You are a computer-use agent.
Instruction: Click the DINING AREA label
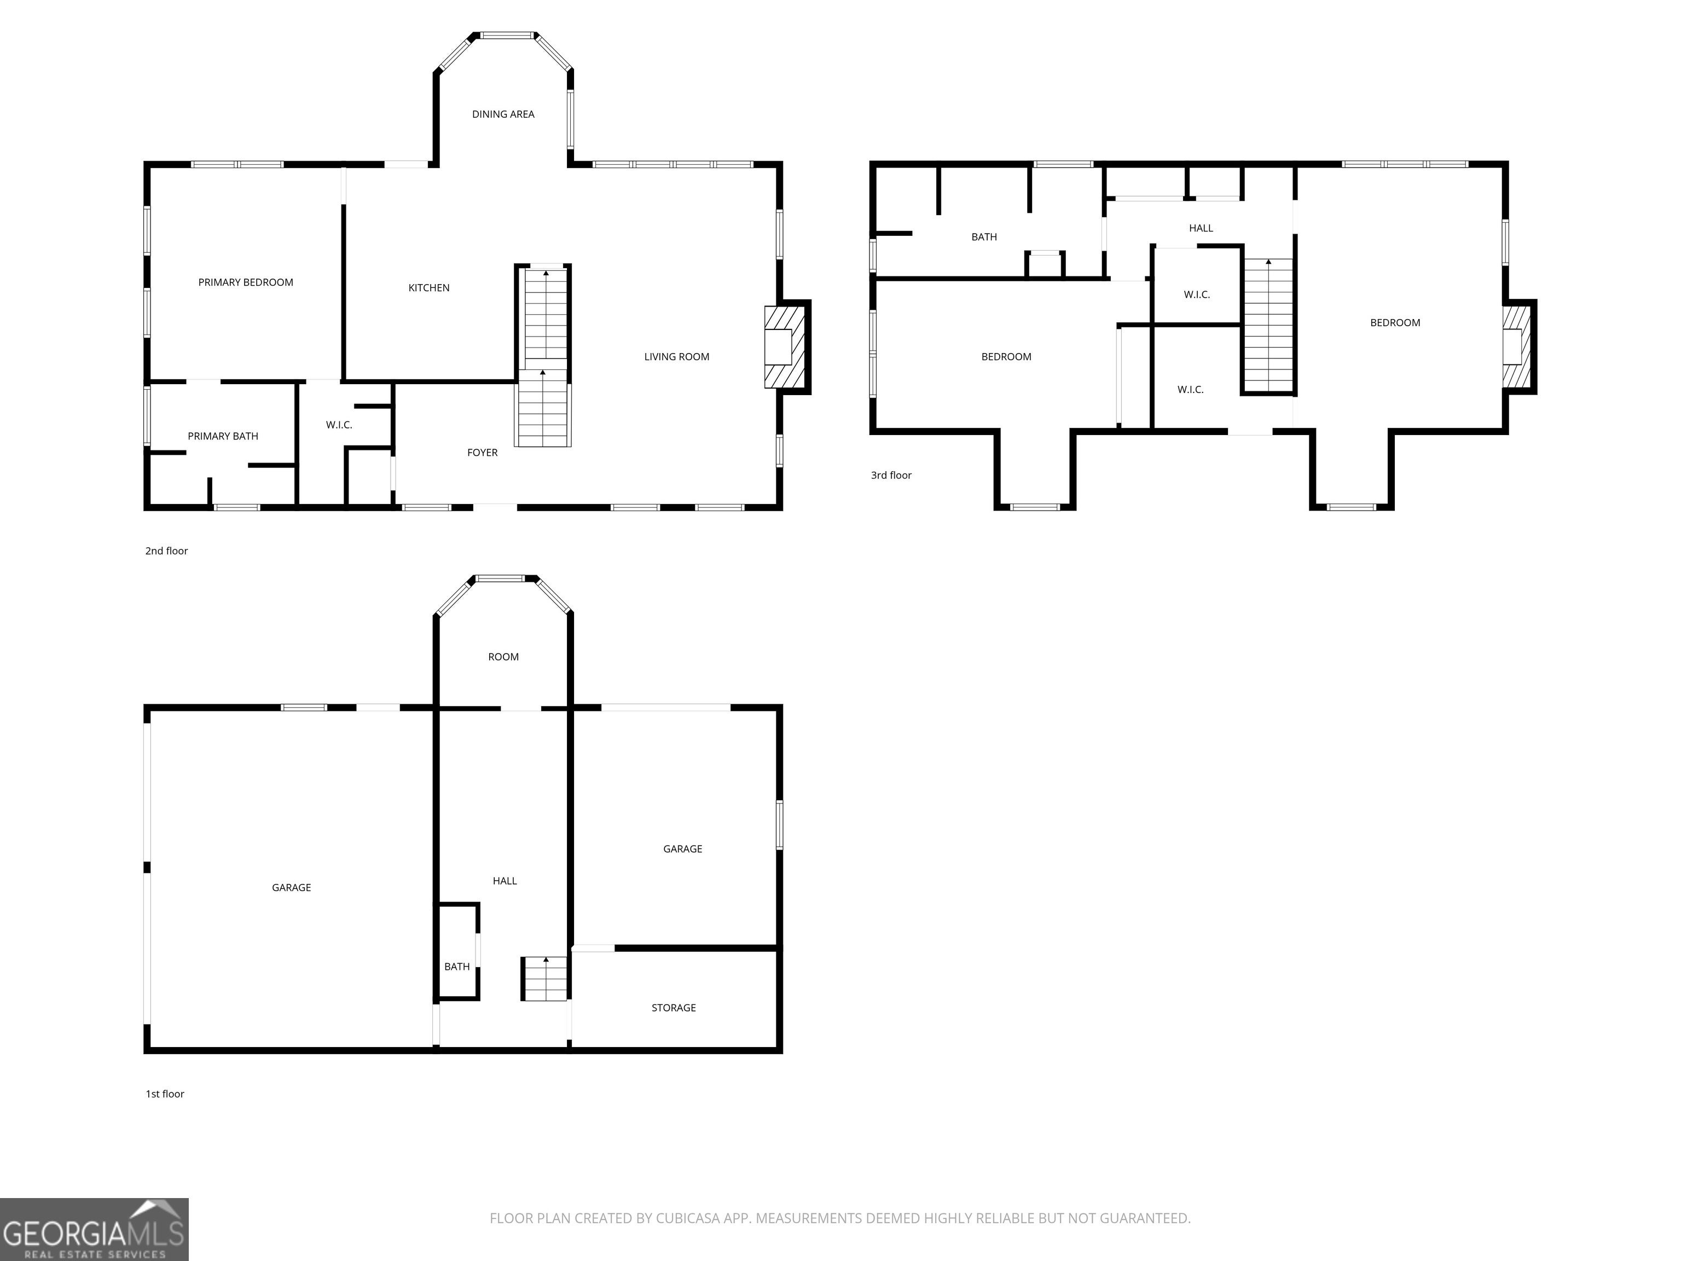click(x=503, y=114)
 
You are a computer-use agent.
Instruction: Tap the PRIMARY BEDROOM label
click(x=246, y=282)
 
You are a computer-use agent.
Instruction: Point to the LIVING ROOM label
click(x=676, y=356)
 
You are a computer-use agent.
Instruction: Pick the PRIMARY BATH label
click(x=223, y=436)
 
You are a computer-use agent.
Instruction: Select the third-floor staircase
click(x=1268, y=325)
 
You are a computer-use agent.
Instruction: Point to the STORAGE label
click(x=673, y=1008)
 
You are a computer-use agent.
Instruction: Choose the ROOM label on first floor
click(x=503, y=657)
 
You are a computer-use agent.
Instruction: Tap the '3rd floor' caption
click(x=891, y=475)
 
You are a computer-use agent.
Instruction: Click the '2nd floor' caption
click(x=166, y=551)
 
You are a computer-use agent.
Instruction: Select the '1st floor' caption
click(x=165, y=1094)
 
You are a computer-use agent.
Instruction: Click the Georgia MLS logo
click(x=94, y=1229)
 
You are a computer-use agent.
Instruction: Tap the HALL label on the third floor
click(x=1201, y=228)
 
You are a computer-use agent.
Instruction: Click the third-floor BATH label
click(x=984, y=237)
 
